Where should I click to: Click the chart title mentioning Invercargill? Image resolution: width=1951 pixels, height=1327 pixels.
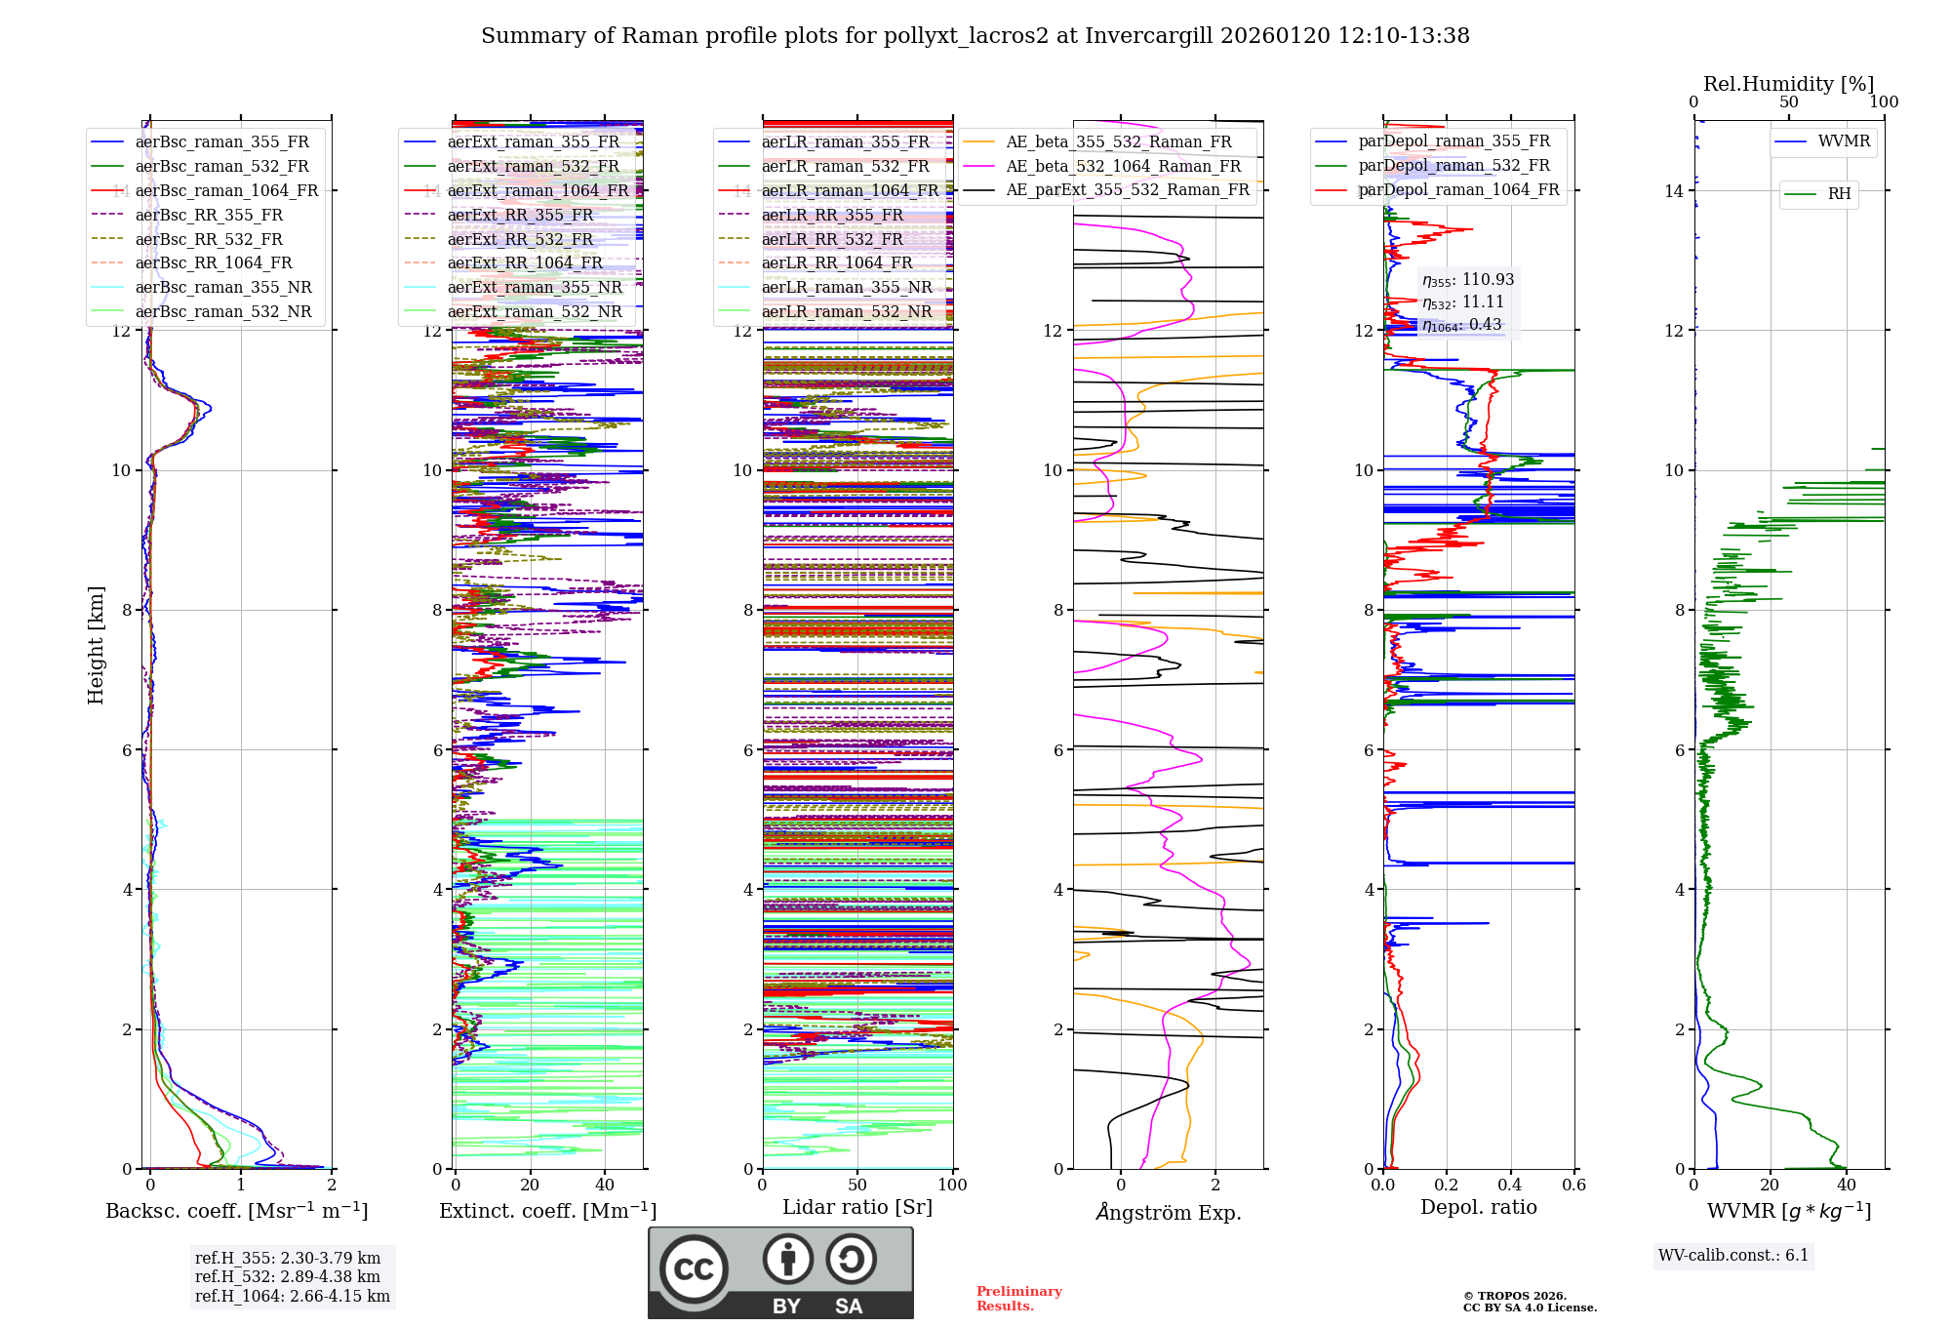tap(975, 36)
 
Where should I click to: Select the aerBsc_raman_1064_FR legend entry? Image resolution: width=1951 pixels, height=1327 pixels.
tap(226, 190)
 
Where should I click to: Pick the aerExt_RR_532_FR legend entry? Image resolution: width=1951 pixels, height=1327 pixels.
tap(520, 239)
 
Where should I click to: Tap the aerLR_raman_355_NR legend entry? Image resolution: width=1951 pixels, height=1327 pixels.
tap(847, 287)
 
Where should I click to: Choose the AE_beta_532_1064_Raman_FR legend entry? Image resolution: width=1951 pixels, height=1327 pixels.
tap(1123, 166)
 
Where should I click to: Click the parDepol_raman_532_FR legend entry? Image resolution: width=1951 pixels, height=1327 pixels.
tap(1453, 166)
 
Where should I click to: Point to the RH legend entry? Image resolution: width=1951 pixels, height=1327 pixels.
tap(1839, 194)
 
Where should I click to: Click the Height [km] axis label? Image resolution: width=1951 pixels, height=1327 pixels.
tap(96, 645)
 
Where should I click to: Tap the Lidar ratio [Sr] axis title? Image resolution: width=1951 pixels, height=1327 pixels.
tap(857, 1207)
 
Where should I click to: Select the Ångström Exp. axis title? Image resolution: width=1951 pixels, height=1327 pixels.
tap(1169, 1212)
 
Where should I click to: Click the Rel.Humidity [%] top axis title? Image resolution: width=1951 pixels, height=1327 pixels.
tap(1788, 84)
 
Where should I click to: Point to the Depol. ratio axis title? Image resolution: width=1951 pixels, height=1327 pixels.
tap(1478, 1207)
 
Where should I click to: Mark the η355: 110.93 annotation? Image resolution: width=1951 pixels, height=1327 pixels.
tap(1468, 280)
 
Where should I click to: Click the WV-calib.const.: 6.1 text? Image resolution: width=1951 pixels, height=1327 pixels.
tap(1733, 1256)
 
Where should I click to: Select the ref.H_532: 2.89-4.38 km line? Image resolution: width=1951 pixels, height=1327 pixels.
tap(288, 1276)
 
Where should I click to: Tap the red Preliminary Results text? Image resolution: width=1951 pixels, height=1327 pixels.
tap(1018, 1299)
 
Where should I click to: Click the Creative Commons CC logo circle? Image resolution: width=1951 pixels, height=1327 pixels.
tap(694, 1268)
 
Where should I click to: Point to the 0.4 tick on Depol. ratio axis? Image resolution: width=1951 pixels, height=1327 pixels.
tap(1510, 1186)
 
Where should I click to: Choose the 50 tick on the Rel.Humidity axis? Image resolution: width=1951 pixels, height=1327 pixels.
tap(1788, 102)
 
